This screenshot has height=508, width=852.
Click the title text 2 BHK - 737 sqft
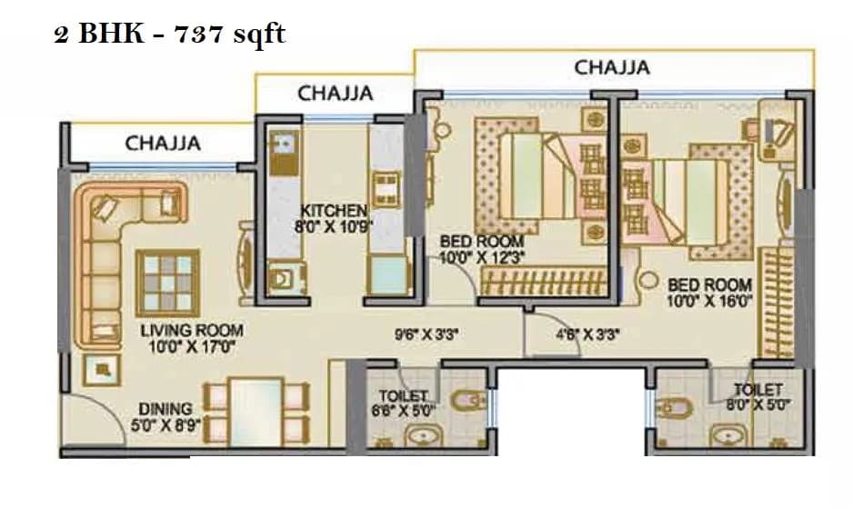point(170,35)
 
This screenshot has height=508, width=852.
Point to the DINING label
point(165,409)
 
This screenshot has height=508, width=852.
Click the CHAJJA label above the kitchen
point(335,93)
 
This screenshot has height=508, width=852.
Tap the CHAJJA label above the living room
point(163,143)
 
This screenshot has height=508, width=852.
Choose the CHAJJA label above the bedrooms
point(611,67)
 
